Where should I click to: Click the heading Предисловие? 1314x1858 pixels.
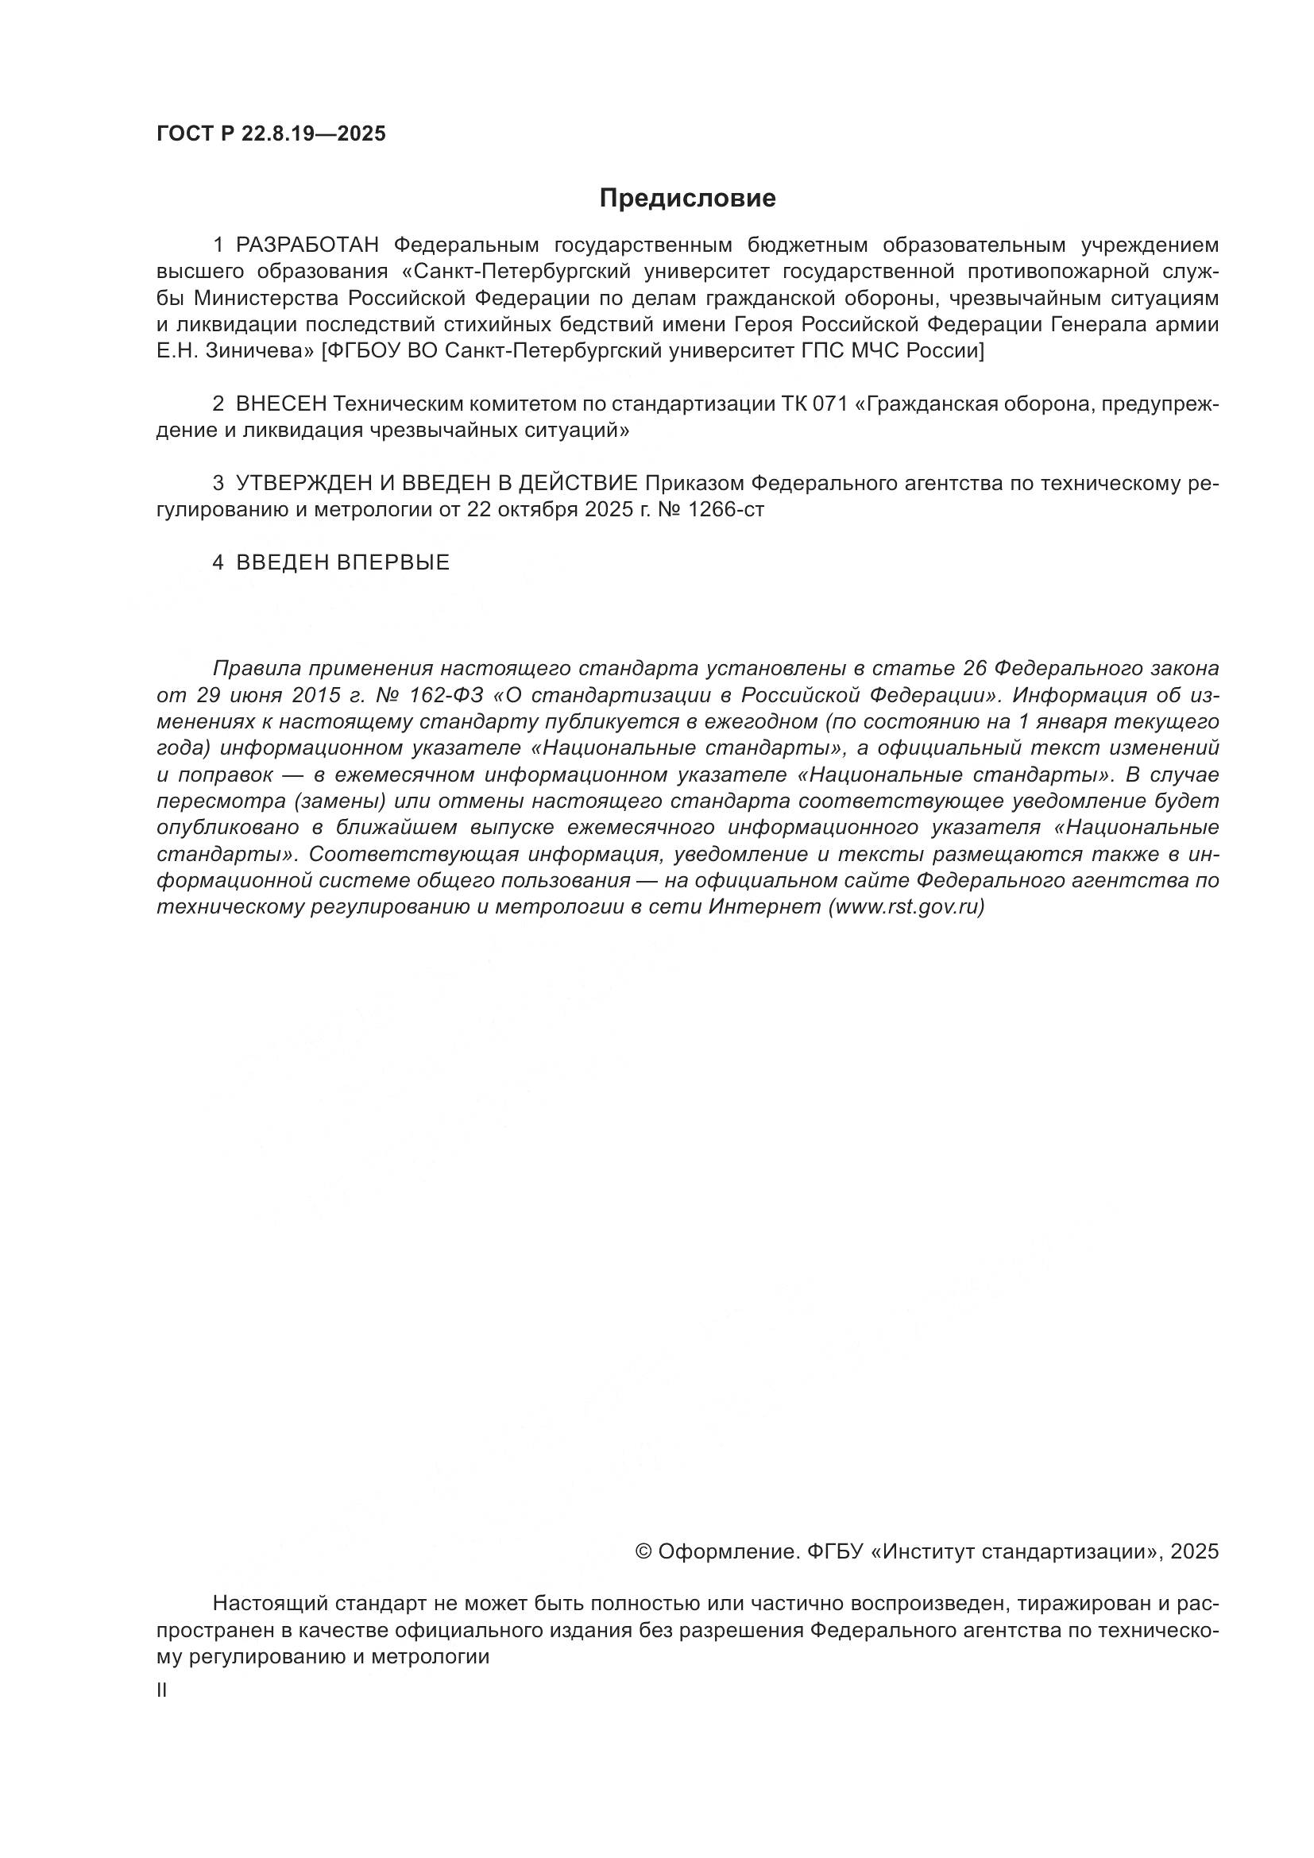pos(688,199)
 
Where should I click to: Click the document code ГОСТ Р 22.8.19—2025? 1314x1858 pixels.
pos(271,134)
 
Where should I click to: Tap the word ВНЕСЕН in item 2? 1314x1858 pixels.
pos(281,404)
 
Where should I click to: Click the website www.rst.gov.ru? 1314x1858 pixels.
pos(906,907)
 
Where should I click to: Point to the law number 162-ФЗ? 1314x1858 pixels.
pos(443,696)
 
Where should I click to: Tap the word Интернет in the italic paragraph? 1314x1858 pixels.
pos(764,907)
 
